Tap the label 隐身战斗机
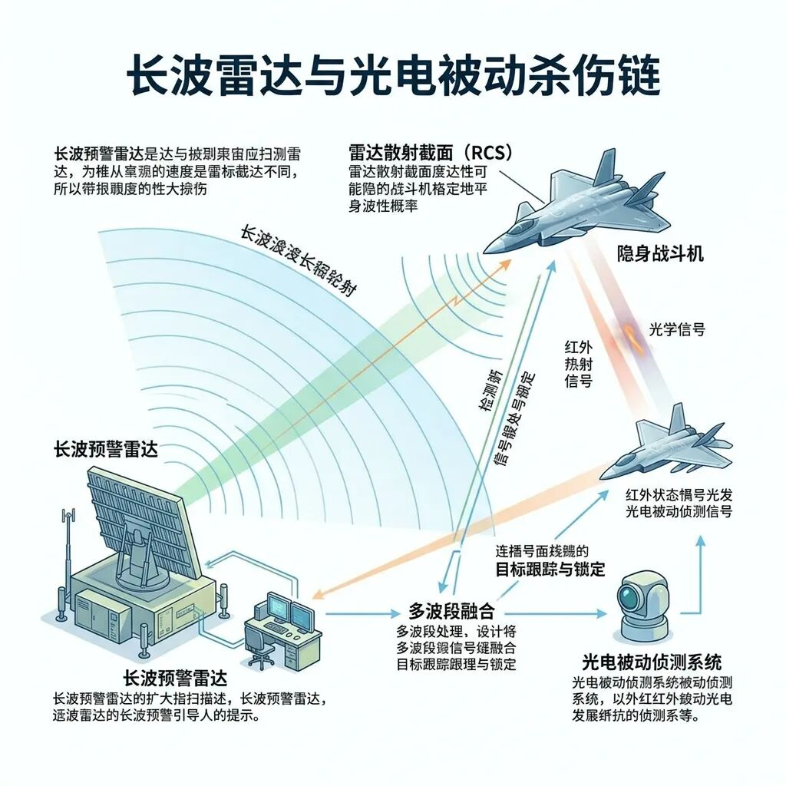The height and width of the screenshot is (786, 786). point(660,254)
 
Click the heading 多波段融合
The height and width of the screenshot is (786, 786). point(451,612)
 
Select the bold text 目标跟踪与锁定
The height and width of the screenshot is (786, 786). point(550,569)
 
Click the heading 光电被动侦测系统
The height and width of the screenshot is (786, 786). point(652,662)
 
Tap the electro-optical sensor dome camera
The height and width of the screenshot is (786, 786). point(640,606)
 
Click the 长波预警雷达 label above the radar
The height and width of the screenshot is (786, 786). point(106,450)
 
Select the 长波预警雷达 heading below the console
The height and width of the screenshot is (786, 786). point(175,679)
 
